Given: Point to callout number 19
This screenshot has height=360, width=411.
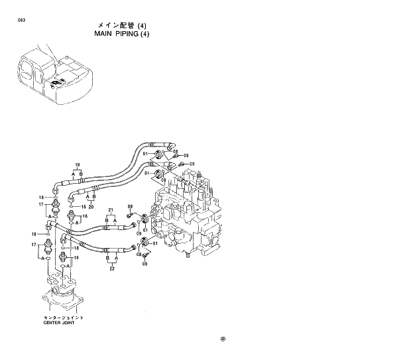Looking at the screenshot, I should (78, 164).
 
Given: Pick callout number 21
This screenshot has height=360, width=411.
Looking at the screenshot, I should (111, 210).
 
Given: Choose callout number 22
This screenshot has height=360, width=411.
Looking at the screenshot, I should (111, 268).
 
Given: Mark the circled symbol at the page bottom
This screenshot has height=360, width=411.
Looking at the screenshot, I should (223, 339).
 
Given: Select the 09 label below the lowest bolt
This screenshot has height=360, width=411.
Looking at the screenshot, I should (145, 265).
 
